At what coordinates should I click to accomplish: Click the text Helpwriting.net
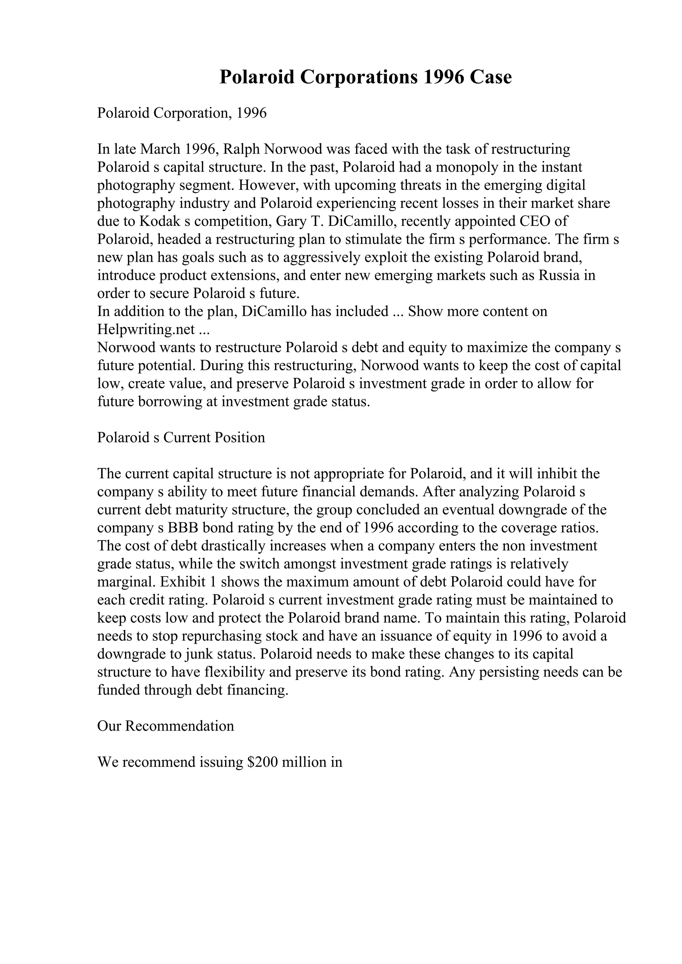[x=146, y=330]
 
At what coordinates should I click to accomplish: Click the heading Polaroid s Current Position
[x=181, y=437]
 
